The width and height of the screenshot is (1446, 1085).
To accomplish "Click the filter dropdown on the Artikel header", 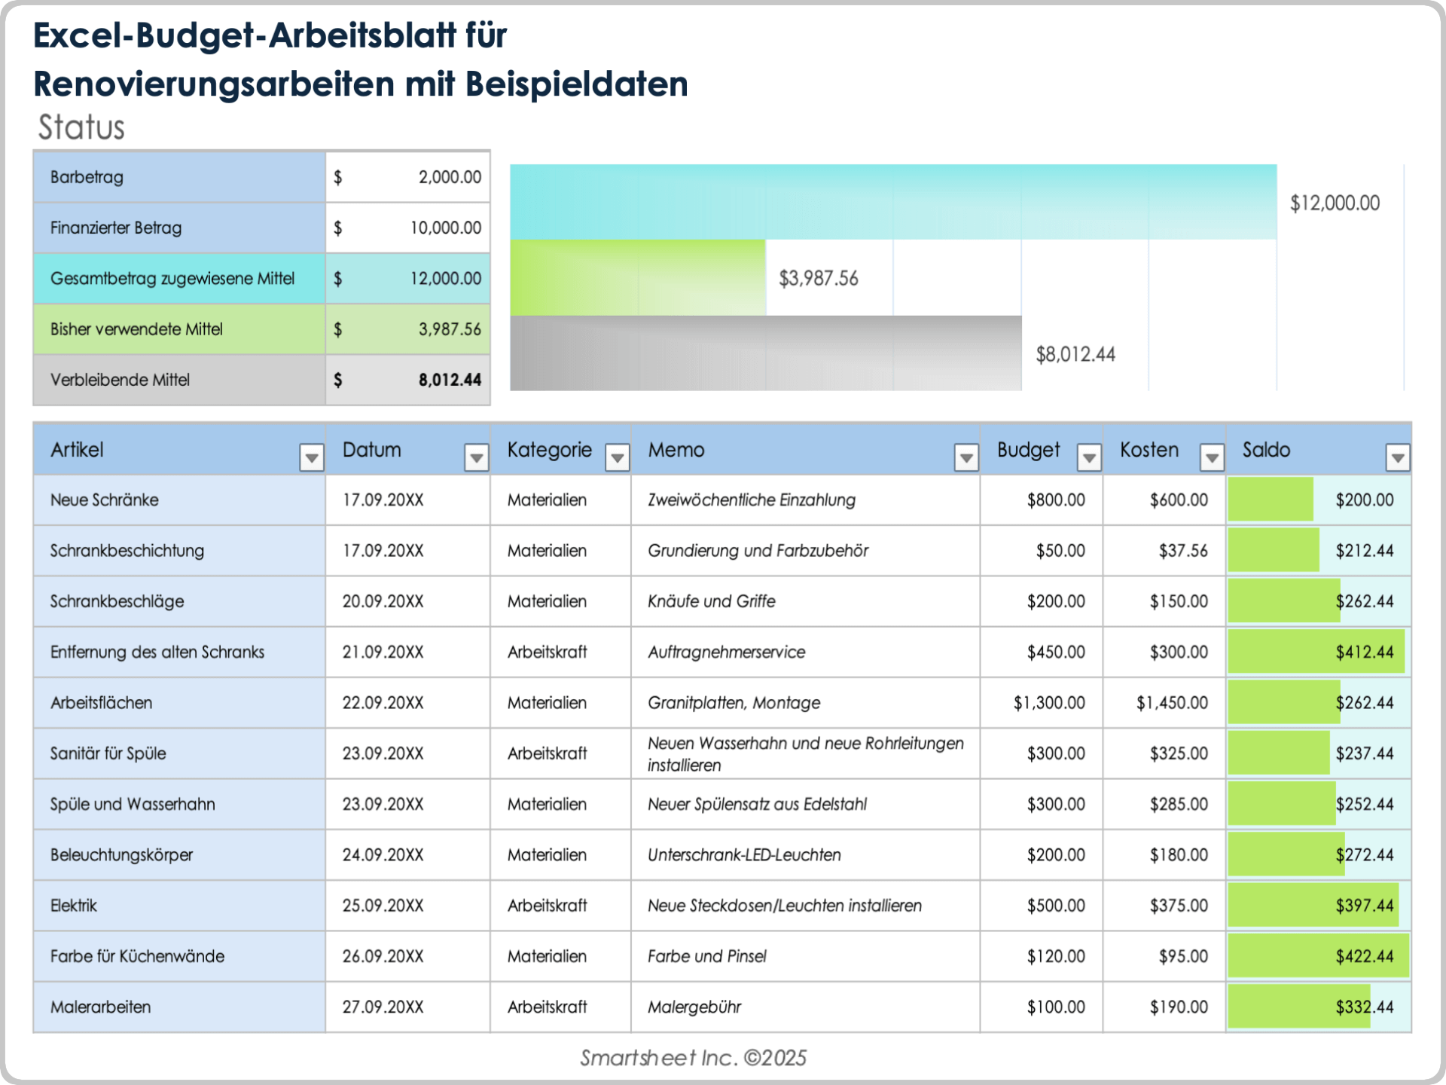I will click(311, 457).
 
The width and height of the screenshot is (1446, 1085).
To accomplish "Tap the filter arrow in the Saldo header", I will click(1397, 457).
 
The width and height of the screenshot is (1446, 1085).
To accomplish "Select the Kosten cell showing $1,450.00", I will click(1172, 703).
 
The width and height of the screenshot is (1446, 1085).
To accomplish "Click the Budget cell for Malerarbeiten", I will click(1056, 1007).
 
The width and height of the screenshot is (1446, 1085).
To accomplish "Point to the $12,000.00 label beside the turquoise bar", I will click(1335, 203).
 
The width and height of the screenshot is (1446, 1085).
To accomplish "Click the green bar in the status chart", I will click(637, 278).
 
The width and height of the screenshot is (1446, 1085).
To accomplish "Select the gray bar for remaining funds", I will click(765, 353).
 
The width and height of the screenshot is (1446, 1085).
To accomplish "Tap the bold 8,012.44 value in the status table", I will click(450, 380).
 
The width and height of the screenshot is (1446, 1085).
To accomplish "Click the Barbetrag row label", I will click(87, 178).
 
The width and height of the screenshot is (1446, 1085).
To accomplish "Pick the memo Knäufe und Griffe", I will click(711, 601).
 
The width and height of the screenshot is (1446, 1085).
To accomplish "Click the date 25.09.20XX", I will click(383, 906).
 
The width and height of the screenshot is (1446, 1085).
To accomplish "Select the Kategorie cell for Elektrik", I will click(547, 906).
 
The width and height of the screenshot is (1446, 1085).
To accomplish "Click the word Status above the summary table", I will click(81, 127).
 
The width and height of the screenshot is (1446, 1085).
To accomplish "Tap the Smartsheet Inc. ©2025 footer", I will click(693, 1058).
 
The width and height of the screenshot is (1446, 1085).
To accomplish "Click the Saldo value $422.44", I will click(1364, 957).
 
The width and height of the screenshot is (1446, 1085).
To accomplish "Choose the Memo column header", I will click(676, 450).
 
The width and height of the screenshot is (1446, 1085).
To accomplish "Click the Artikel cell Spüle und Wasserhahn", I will click(133, 805).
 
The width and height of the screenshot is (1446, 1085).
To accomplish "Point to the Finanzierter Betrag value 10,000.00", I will click(445, 228).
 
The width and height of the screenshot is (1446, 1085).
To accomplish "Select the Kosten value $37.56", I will click(1182, 551).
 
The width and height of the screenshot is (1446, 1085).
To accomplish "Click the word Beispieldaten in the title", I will click(576, 84).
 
